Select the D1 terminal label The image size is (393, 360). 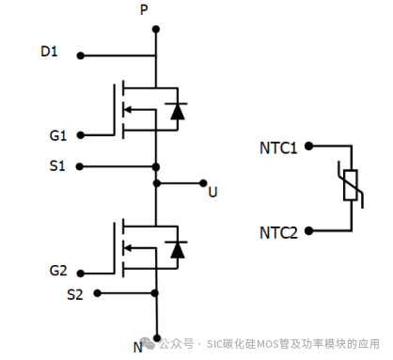pyautogui.click(x=49, y=52)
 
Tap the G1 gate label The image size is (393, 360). pyautogui.click(x=58, y=135)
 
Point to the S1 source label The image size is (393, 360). pyautogui.click(x=57, y=166)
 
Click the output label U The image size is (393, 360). pyautogui.click(x=212, y=192)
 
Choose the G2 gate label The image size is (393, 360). pyautogui.click(x=58, y=272)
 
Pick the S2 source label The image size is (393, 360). pyautogui.click(x=75, y=294)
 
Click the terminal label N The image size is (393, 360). pyautogui.click(x=137, y=347)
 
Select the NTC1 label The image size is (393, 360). pyautogui.click(x=278, y=148)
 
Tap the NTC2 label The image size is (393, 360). pyautogui.click(x=278, y=230)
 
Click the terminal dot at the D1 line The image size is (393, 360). pyautogui.click(x=80, y=55)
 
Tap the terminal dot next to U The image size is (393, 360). pyautogui.click(x=199, y=183)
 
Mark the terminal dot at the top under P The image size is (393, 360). pyautogui.click(x=155, y=28)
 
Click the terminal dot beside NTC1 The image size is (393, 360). pyautogui.click(x=308, y=148)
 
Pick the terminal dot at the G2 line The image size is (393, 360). pyautogui.click(x=80, y=274)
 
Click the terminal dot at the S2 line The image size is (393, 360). pyautogui.click(x=97, y=293)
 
